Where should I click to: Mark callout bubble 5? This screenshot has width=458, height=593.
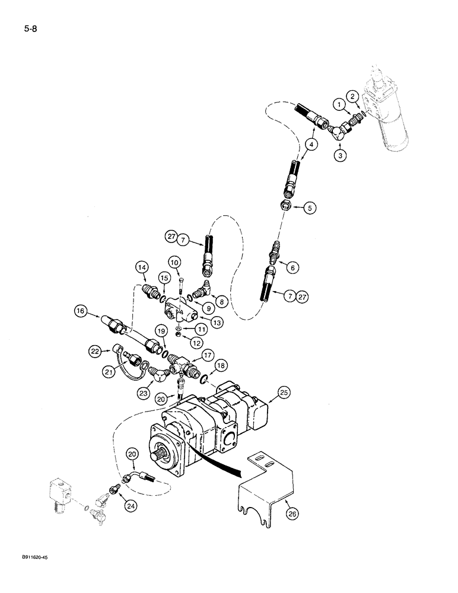[x=309, y=208]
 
